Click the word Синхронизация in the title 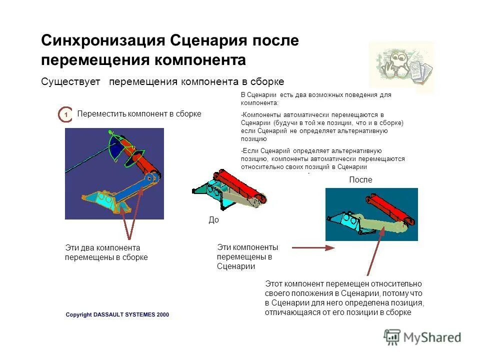[103, 40]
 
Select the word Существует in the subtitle [70, 81]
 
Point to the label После [360, 180]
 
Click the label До [213, 220]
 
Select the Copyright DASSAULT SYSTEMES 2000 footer [117, 314]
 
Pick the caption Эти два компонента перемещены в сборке [106, 252]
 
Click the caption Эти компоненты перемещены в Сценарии [247, 256]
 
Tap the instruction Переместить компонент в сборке [139, 113]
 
